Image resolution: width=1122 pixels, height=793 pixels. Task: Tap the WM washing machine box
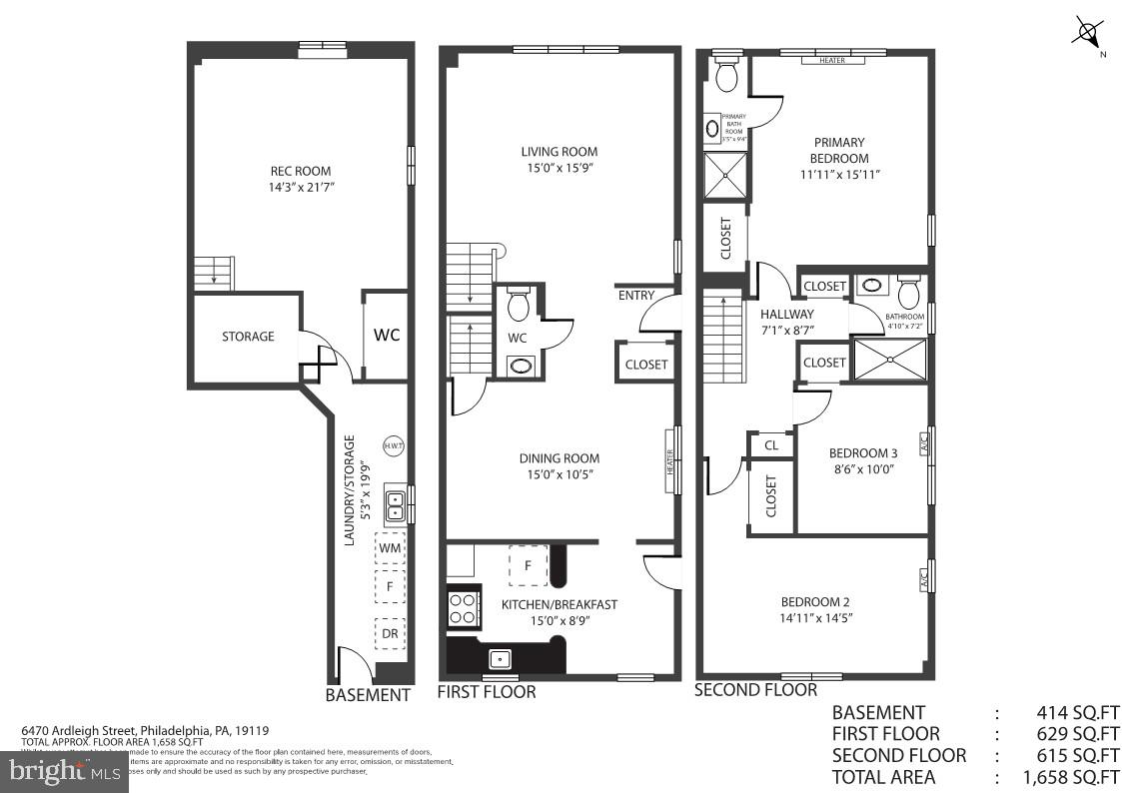[390, 548]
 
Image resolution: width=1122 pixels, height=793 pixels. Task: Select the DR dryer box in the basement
[390, 633]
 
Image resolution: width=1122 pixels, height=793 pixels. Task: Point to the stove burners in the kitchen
[464, 608]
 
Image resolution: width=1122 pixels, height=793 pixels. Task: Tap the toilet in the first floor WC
[518, 303]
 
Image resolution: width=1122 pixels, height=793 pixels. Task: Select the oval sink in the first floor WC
[521, 365]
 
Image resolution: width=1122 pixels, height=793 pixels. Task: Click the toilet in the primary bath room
[726, 74]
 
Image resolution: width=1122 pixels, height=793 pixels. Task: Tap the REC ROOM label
[300, 171]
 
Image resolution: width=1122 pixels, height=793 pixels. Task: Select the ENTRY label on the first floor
[636, 295]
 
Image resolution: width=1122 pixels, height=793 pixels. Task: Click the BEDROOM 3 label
[863, 452]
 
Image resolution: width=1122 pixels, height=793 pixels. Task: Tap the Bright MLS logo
[62, 770]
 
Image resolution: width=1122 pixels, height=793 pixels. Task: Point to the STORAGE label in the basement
[248, 337]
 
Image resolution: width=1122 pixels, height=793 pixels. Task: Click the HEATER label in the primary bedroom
[832, 60]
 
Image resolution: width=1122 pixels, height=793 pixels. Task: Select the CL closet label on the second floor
[771, 445]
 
